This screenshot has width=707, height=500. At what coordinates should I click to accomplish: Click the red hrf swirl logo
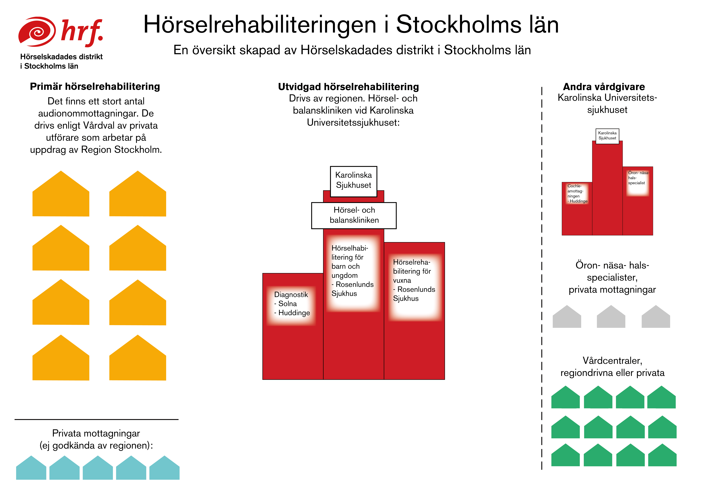(37, 32)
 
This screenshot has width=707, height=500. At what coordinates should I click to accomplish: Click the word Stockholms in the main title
(459, 25)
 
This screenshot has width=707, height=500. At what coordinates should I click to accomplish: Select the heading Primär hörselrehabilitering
(95, 87)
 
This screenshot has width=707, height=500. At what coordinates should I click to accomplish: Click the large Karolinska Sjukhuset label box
(353, 181)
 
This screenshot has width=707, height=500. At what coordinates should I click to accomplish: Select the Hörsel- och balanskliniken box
(354, 215)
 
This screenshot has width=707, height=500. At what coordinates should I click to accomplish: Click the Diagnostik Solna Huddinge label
(292, 304)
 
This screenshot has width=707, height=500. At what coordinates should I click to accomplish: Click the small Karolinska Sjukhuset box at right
(607, 136)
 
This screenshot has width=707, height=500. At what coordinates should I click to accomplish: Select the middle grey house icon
(611, 316)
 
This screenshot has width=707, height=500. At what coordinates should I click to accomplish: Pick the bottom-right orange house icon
(138, 358)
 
